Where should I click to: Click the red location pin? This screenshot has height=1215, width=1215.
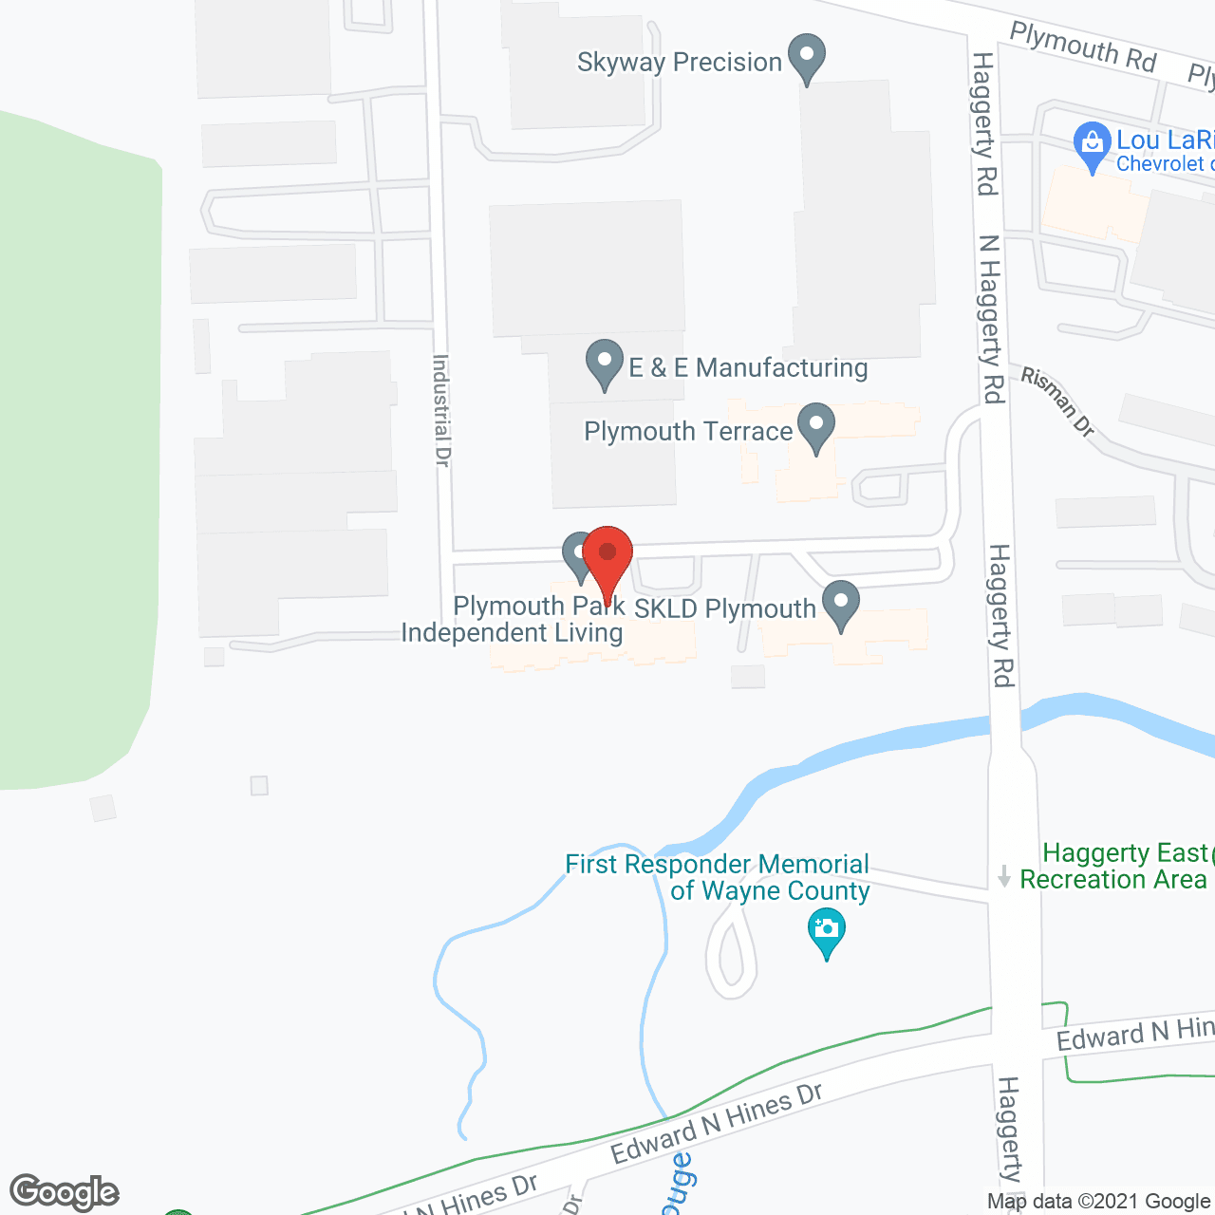point(607,556)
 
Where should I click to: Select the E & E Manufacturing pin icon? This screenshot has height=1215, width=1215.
point(605,363)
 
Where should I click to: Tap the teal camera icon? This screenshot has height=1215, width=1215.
point(827,930)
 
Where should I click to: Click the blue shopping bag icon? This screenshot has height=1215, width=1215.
point(1093,145)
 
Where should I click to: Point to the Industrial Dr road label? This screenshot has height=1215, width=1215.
point(441,410)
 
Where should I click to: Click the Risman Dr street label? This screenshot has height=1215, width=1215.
point(1057,402)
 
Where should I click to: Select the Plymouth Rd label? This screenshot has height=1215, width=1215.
point(1082,47)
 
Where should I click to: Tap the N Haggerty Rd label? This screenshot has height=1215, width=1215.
point(991,319)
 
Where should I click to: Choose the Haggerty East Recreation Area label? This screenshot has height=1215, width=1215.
point(1114,867)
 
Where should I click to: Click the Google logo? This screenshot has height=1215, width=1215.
point(64,1192)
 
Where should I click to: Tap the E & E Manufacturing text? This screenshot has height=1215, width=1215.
point(748,367)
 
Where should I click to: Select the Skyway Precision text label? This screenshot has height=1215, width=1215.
point(679,63)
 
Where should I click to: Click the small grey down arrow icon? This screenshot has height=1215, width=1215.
point(1004,876)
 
